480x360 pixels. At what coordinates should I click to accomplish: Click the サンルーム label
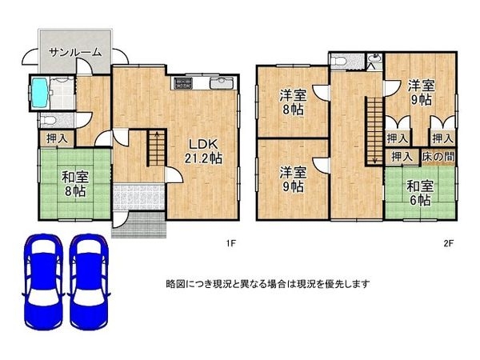tap(74, 52)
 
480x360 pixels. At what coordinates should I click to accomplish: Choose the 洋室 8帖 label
tap(291, 102)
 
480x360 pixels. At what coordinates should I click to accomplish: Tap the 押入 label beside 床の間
tap(401, 158)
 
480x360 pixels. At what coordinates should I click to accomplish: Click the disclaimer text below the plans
tap(267, 283)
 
